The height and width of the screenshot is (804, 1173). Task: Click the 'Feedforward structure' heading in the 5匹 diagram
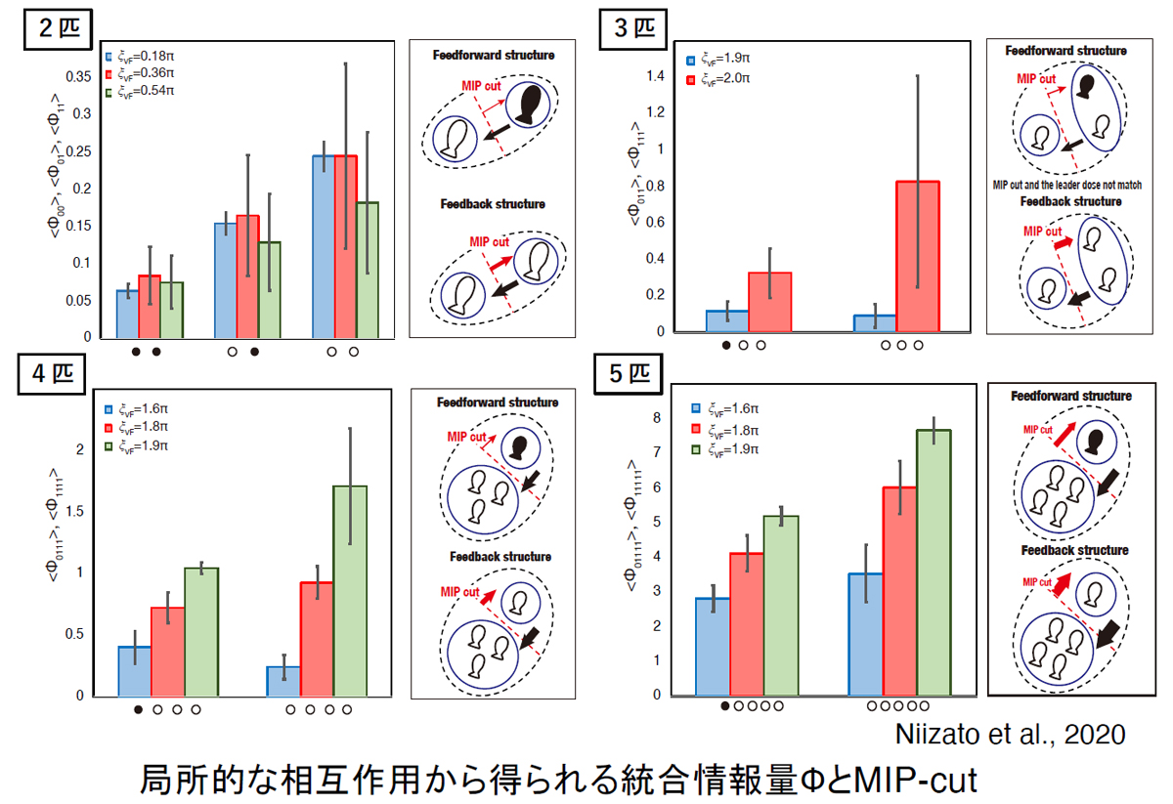[x=1071, y=397]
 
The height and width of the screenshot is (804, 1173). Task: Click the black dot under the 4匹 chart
[x=138, y=710]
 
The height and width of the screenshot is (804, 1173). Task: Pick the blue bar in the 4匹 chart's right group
[x=283, y=681]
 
